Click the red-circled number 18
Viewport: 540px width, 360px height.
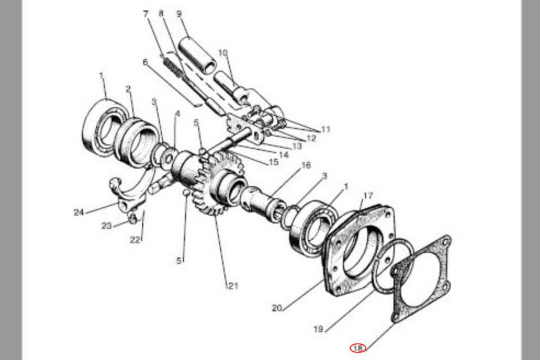(358, 348)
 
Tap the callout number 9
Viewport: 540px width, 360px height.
(179, 14)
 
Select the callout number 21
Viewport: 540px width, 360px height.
(233, 285)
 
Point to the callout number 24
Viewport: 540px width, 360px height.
(79, 213)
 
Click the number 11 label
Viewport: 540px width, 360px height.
(326, 129)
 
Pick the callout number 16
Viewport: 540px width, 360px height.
(306, 165)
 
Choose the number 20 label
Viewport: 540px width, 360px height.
(277, 308)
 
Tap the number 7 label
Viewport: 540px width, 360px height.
(146, 14)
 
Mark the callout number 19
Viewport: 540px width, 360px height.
(318, 329)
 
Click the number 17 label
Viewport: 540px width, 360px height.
(368, 196)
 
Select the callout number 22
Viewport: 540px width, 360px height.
(135, 240)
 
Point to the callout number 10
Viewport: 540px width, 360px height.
(223, 53)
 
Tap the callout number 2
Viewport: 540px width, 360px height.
(128, 89)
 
